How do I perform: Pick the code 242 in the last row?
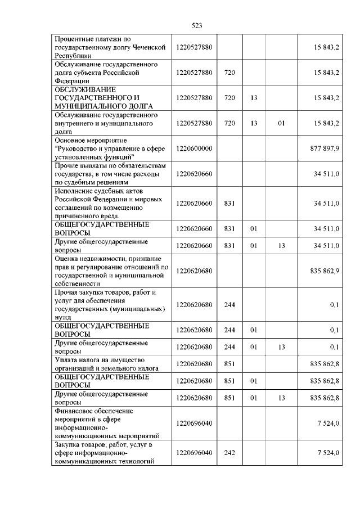229,453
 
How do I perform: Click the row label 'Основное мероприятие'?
91,139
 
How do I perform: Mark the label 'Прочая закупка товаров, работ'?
101,293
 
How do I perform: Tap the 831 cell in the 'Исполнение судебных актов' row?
229,203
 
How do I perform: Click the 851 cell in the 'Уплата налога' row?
229,364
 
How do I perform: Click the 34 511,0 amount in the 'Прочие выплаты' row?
327,174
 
